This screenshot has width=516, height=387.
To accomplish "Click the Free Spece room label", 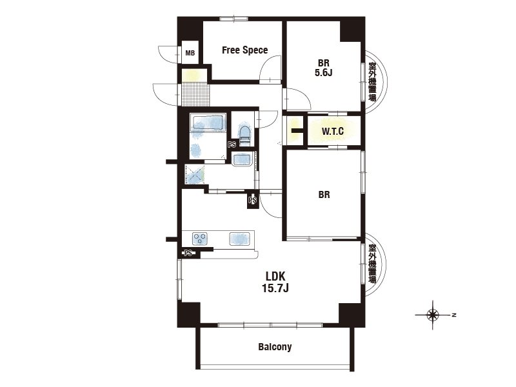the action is pyautogui.click(x=244, y=50).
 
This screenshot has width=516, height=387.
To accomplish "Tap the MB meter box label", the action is pyautogui.click(x=190, y=53).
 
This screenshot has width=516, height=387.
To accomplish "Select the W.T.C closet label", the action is pyautogui.click(x=333, y=132).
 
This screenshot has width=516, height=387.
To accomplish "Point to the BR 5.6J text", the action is pyautogui.click(x=324, y=68).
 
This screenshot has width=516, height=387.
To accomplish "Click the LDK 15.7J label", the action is pyautogui.click(x=275, y=282).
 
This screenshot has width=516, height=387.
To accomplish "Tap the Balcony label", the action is pyautogui.click(x=275, y=346).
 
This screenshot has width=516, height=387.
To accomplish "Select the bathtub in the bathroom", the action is pyautogui.click(x=208, y=123).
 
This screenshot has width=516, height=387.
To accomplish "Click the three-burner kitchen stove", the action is pyautogui.click(x=200, y=239).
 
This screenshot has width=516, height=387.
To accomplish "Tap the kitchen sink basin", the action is pyautogui.click(x=239, y=239).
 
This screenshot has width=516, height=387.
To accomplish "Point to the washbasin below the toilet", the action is pyautogui.click(x=243, y=159).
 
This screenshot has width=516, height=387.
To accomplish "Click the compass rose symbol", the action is pyautogui.click(x=432, y=315).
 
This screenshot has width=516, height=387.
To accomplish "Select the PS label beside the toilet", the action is pyautogui.click(x=232, y=144).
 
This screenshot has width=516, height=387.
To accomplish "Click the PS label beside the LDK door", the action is pyautogui.click(x=253, y=200).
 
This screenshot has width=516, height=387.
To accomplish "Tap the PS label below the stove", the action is pyautogui.click(x=188, y=253).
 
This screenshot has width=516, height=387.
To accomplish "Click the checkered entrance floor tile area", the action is pyautogui.click(x=195, y=94).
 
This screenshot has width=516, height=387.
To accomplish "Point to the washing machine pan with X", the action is pyautogui.click(x=195, y=174).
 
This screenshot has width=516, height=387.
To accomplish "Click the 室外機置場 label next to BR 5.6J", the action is pyautogui.click(x=372, y=82).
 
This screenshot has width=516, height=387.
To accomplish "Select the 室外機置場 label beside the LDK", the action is pyautogui.click(x=372, y=264).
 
